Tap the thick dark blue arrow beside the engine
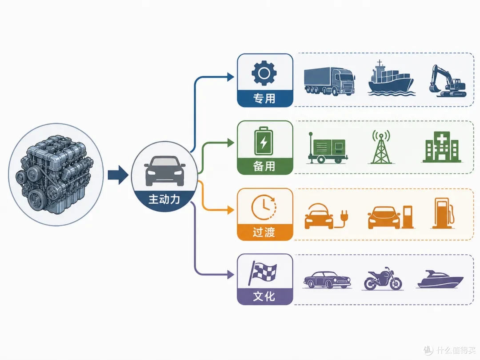[x=118, y=175]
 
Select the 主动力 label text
[x=164, y=199]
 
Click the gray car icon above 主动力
[x=165, y=171]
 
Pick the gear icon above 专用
[x=264, y=73]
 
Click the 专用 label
[x=264, y=99]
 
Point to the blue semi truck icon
[x=329, y=81]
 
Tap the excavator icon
[x=448, y=81]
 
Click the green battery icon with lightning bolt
[x=264, y=141]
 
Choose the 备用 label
[x=264, y=166]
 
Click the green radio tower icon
[x=381, y=147]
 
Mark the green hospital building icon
[x=441, y=147]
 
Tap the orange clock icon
[x=264, y=207]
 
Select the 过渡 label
[x=264, y=232]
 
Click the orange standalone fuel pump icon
[x=444, y=213]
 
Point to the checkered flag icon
[x=263, y=273]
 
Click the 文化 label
[x=264, y=296]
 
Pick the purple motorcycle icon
[x=383, y=278]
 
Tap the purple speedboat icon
[x=440, y=279]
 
